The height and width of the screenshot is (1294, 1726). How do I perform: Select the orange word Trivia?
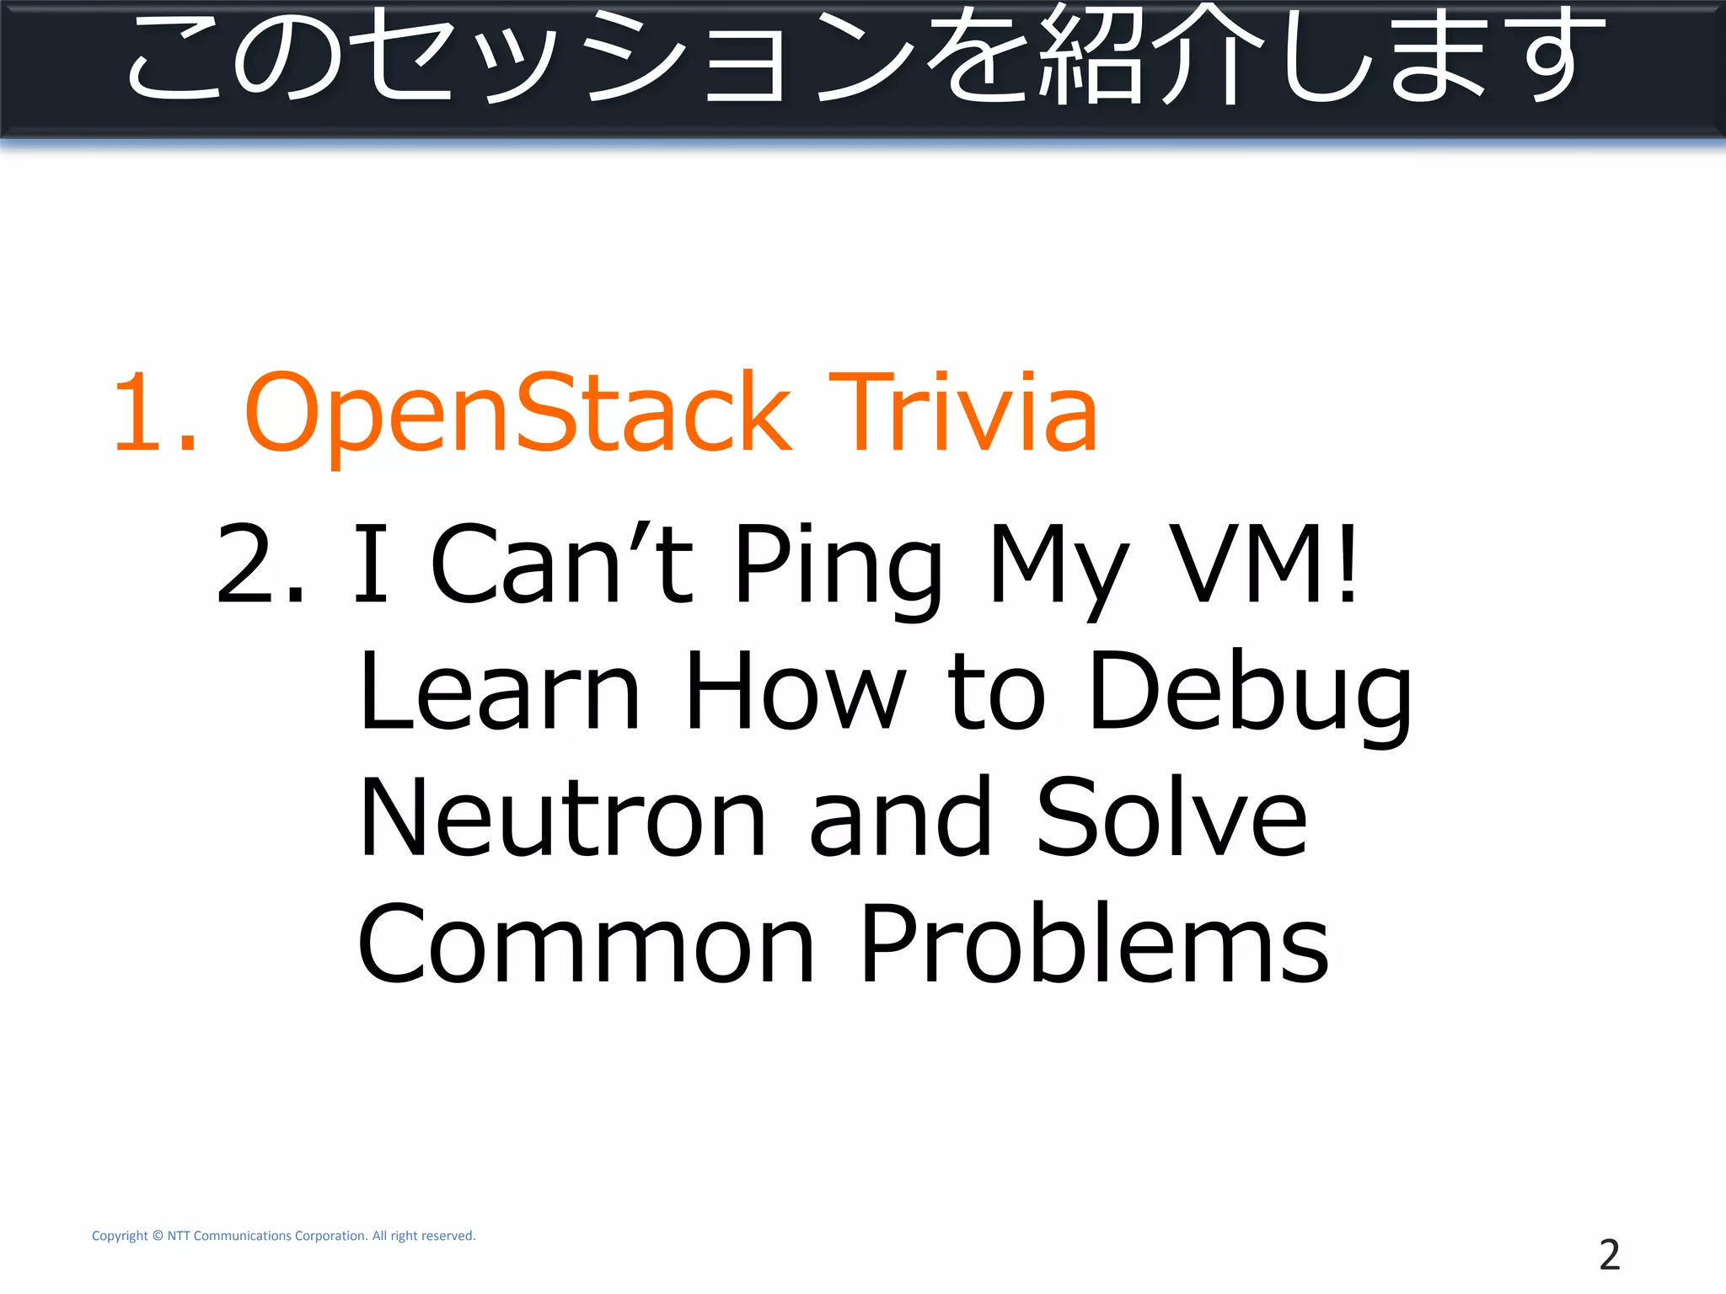coord(963,413)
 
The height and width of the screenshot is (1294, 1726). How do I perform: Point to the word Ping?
coord(838,566)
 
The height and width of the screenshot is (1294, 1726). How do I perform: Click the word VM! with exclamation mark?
coord(1264,564)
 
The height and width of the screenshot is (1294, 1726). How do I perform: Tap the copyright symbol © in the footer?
coord(157,1236)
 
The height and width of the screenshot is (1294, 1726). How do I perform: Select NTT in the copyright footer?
coord(179,1236)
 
